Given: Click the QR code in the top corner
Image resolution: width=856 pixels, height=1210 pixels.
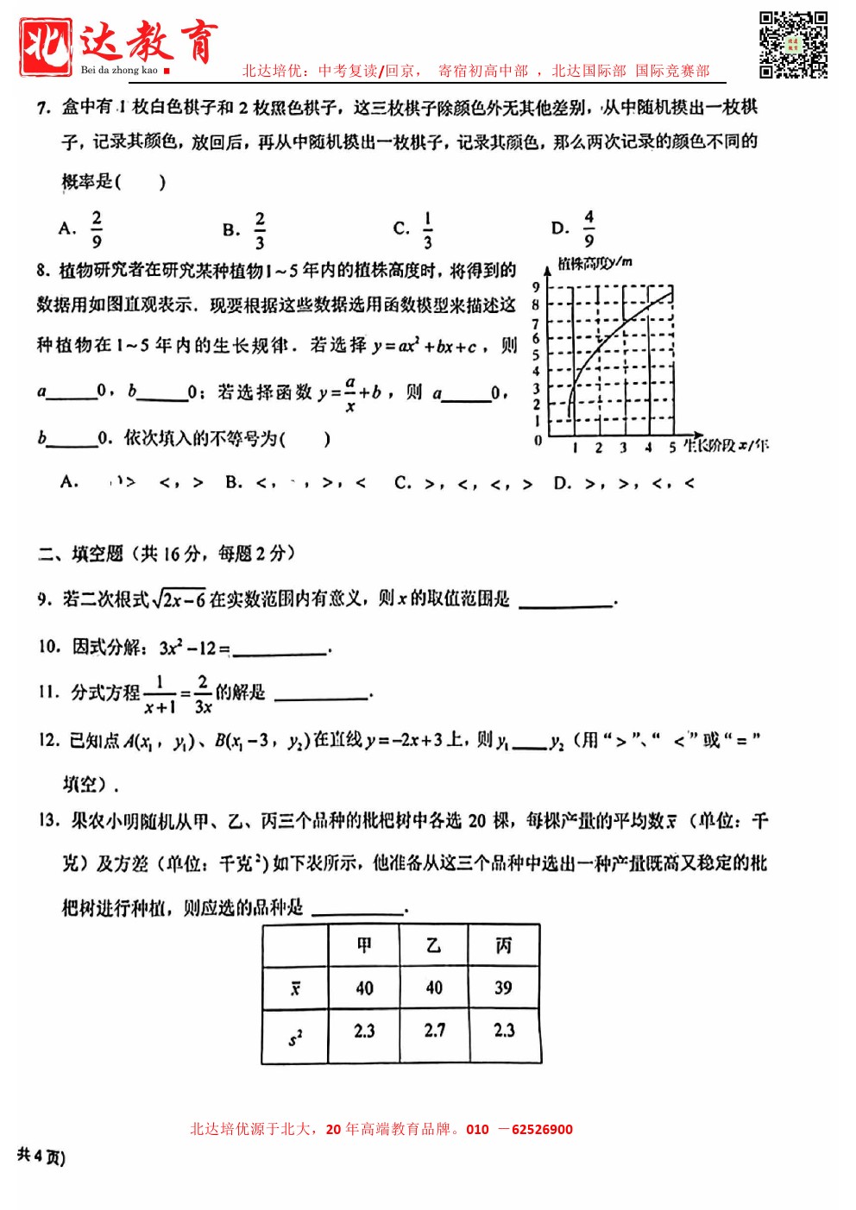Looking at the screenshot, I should click(x=793, y=44).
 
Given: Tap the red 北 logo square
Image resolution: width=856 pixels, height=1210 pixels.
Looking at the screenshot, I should click(x=45, y=47).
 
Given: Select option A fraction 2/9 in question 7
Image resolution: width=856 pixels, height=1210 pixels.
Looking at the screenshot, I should click(x=96, y=229).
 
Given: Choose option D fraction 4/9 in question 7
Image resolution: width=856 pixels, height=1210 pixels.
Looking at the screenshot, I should click(x=588, y=229).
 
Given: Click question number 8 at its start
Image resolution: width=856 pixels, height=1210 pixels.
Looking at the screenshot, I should click(x=42, y=271).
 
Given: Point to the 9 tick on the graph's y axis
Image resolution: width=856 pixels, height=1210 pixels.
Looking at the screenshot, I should click(x=536, y=287).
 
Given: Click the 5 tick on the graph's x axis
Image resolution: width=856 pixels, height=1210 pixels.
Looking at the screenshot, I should click(x=672, y=448).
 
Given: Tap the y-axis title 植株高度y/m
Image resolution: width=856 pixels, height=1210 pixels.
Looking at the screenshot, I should click(x=595, y=263).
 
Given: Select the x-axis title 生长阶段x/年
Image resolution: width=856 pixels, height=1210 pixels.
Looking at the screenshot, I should click(x=726, y=446).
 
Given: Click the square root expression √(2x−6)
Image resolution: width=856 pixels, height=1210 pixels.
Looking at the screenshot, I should click(x=179, y=599).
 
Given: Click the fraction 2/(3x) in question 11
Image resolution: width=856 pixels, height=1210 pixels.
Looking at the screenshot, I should click(x=203, y=694).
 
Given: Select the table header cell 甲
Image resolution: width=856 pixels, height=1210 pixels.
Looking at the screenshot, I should click(x=364, y=945).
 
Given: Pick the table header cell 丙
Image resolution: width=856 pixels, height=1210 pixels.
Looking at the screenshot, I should click(x=504, y=945).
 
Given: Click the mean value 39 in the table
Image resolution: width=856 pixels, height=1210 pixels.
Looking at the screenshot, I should click(x=504, y=987).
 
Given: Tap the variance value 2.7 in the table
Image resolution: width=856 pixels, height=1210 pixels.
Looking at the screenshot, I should click(x=434, y=1031).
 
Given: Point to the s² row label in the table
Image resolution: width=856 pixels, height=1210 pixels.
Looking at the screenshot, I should click(x=295, y=1038).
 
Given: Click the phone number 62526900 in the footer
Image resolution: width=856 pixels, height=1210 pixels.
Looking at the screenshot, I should click(x=542, y=1129).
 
